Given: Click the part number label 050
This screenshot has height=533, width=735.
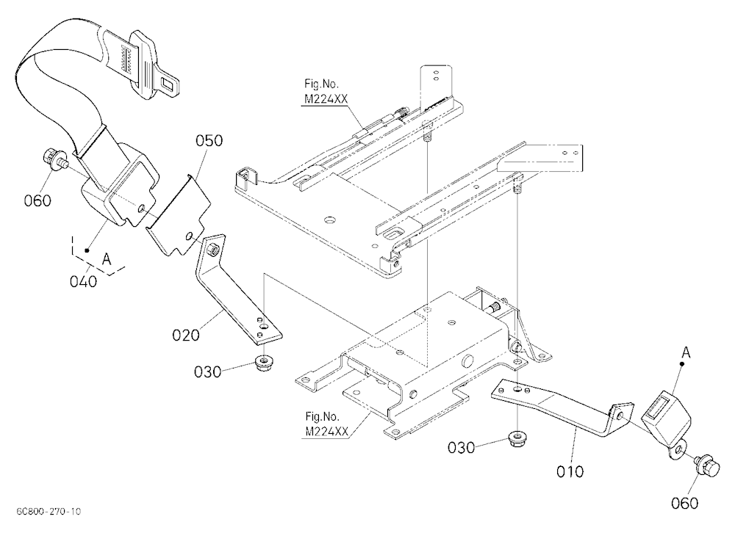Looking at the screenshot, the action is (209, 140).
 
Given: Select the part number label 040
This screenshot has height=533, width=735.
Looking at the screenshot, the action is (84, 281).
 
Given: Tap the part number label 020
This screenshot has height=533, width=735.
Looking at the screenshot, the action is (186, 335).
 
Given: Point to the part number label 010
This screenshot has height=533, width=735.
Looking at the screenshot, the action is (570, 471).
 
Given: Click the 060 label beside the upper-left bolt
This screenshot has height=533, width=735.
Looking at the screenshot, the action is (37, 201).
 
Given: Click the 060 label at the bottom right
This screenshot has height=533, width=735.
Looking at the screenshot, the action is (685, 504).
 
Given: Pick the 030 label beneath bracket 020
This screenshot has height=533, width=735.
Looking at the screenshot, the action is (208, 372).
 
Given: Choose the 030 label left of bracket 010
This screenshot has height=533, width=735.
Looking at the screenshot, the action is (462, 449).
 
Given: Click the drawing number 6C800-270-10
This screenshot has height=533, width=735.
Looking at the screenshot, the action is (49, 511).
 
